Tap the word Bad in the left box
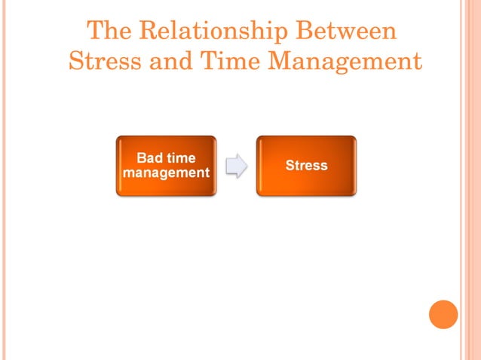[x=149, y=158]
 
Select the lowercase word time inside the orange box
[x=181, y=158]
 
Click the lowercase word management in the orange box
[x=166, y=172]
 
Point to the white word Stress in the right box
[x=306, y=165]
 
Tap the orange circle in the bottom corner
[x=443, y=314]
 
